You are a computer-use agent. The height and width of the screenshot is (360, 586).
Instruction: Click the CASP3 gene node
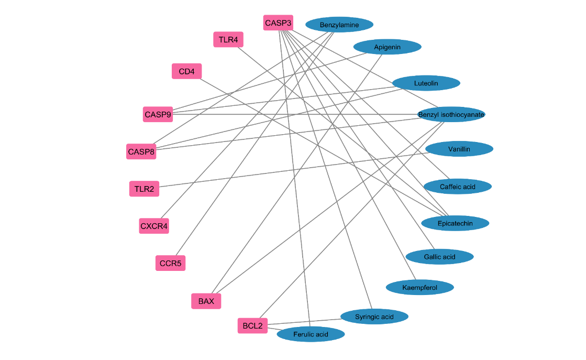pos(278,23)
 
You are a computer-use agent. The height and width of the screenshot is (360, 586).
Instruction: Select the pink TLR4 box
pos(228,39)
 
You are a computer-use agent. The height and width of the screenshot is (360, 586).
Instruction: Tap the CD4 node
pos(186,71)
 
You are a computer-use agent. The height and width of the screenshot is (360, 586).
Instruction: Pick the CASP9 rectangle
pos(158,114)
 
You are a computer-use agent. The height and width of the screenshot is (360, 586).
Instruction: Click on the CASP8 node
pos(141,152)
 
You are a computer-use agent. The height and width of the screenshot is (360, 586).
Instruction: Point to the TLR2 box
pos(144,189)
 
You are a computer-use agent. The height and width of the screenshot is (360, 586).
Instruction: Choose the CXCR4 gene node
pos(154,226)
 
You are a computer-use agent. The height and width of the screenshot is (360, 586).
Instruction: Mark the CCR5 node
pos(170,263)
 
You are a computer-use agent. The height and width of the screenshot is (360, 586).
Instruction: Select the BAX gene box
pos(206,301)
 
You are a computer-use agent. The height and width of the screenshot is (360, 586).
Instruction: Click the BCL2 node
pos(252,326)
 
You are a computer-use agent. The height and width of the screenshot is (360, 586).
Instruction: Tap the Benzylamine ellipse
pos(339,25)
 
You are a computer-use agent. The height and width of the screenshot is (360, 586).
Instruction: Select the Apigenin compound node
pos(388,47)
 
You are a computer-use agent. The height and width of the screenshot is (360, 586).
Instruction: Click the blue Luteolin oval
pos(426,83)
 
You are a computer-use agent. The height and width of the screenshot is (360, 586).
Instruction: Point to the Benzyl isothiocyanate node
pos(451,114)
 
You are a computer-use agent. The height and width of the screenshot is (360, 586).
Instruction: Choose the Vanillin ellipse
pos(459,149)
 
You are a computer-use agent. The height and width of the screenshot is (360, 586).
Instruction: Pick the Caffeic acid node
pos(458,187)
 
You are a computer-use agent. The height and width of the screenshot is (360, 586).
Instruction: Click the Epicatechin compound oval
pos(455,223)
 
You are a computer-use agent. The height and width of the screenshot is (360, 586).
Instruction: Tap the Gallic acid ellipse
pos(440,257)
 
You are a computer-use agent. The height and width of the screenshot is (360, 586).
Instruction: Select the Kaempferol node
pos(420,287)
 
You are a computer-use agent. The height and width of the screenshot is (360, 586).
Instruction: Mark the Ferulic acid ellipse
pos(311,334)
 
